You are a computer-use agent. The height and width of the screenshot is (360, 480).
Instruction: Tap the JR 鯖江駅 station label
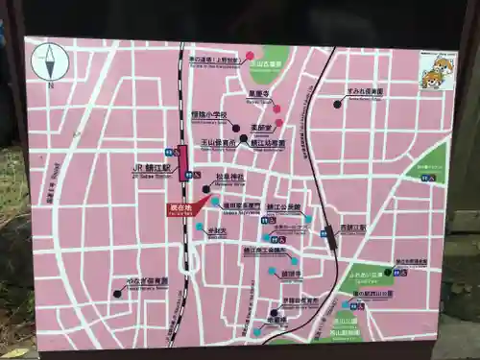coord(151,165)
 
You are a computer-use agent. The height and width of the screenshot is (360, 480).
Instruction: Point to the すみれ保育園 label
coord(366,92)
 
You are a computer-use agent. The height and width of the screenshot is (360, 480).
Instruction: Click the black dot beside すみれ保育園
coord(337,103)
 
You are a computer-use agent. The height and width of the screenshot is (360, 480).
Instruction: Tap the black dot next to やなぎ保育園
coord(117,293)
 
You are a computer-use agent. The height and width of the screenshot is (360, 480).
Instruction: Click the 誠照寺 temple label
coord(293,273)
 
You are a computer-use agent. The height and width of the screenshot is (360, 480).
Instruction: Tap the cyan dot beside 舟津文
coord(199,228)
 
